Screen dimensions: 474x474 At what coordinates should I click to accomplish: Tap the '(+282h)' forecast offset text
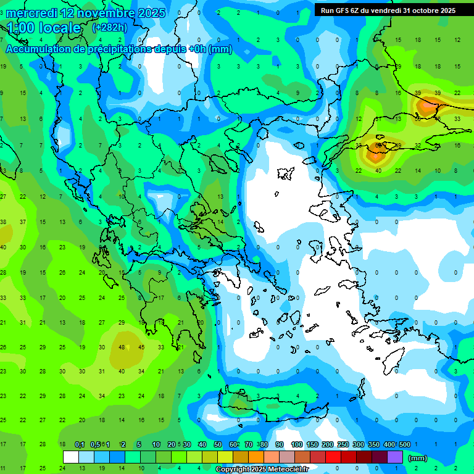[x=109, y=27]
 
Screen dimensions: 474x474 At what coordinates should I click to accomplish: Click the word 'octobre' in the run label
[x=418, y=10]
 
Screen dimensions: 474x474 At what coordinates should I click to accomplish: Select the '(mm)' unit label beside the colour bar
[x=417, y=458]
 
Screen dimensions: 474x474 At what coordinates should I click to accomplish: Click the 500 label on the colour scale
[x=404, y=444]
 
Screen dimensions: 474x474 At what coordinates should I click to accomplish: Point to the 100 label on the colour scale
[x=297, y=444]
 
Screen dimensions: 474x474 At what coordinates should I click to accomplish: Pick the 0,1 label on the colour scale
[x=80, y=444]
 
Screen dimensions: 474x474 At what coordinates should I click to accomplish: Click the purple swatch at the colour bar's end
[x=395, y=457]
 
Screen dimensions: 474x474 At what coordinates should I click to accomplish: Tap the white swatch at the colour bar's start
[x=71, y=457]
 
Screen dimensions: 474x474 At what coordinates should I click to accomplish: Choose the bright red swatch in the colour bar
[x=333, y=457]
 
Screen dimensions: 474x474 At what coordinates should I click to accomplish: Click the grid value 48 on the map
[x=122, y=346]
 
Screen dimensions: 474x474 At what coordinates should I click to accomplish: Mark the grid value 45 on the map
[x=141, y=346]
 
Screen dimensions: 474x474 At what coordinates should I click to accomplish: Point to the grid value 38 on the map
[x=3, y=222]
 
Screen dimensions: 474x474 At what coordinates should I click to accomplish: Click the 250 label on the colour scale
[x=343, y=444]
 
